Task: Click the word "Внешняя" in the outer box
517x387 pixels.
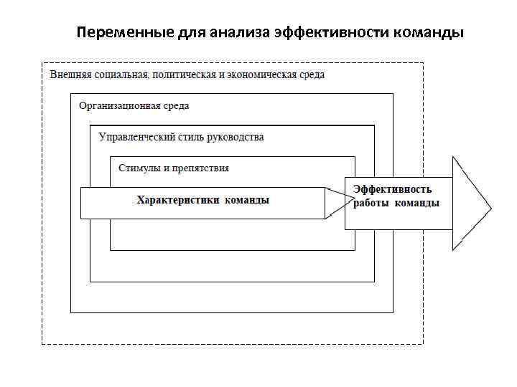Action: point(68,75)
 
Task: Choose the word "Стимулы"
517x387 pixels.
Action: point(139,168)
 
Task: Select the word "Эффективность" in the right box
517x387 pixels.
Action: point(392,189)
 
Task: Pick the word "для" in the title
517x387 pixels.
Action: point(192,33)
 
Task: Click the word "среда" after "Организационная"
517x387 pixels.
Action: point(176,106)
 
